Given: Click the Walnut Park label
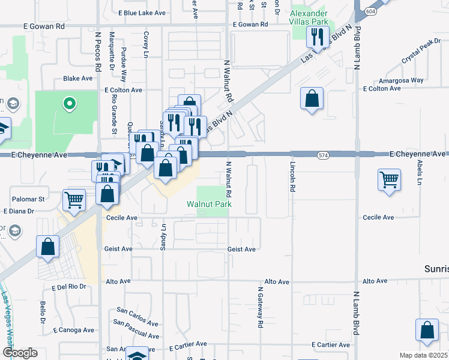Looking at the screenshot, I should point(209,205).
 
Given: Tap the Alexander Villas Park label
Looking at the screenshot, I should point(309,18).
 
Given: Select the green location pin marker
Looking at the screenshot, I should point(70,104).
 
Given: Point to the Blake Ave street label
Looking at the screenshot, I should point(78,79).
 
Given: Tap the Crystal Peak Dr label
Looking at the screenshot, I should point(419,56).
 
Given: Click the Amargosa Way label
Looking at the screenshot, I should point(401,80).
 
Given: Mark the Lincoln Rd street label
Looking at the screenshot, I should point(293,178).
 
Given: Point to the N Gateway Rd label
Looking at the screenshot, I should point(261,306).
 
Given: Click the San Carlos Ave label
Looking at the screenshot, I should point(139,313).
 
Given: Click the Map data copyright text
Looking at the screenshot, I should point(424,355).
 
